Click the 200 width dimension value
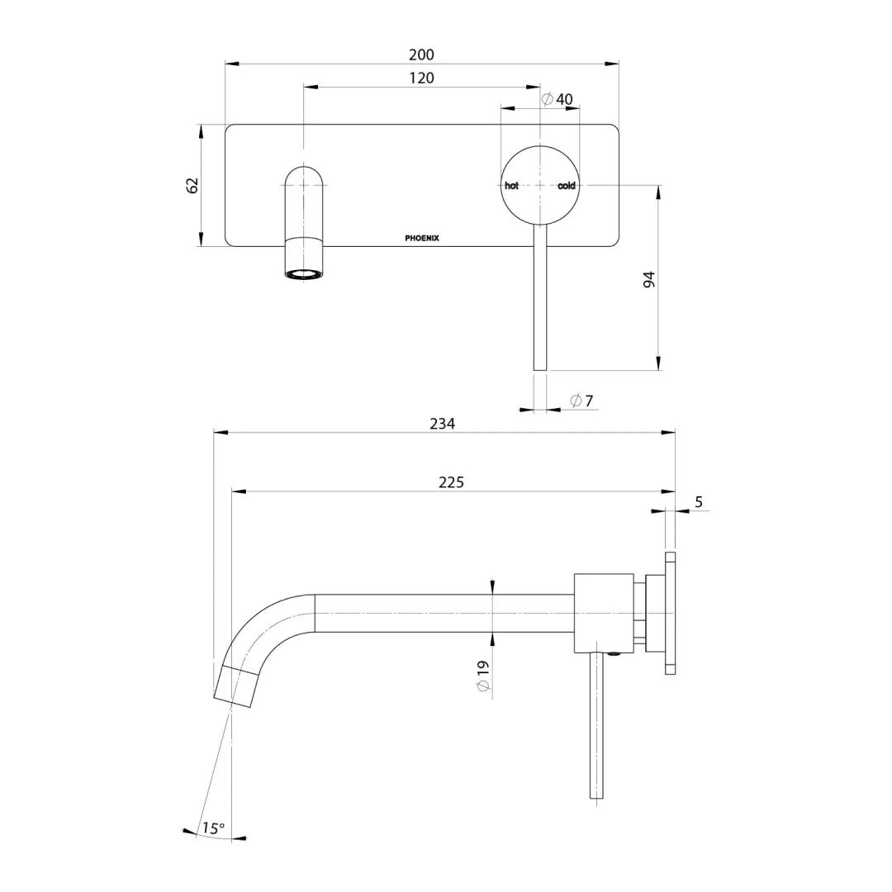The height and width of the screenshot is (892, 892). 421,55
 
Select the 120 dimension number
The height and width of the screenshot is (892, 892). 421,78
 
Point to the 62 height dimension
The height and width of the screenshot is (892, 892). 192,185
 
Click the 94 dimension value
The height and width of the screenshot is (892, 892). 649,278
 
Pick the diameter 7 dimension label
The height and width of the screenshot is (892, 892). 581,401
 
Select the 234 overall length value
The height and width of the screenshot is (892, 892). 442,424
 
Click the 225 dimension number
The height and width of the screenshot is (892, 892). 451,482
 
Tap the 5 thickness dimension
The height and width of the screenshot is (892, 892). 699,502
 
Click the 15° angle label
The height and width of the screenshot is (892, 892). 213,828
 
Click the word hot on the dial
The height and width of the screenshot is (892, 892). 512,186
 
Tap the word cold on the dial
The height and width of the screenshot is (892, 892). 567,186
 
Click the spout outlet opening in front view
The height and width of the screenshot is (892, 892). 304,273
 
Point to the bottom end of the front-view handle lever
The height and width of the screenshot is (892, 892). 540,366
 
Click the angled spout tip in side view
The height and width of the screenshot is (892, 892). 235,686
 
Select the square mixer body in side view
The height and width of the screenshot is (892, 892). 604,613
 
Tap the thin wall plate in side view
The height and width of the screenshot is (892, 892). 670,613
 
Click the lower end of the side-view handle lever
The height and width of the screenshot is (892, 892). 597,793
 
